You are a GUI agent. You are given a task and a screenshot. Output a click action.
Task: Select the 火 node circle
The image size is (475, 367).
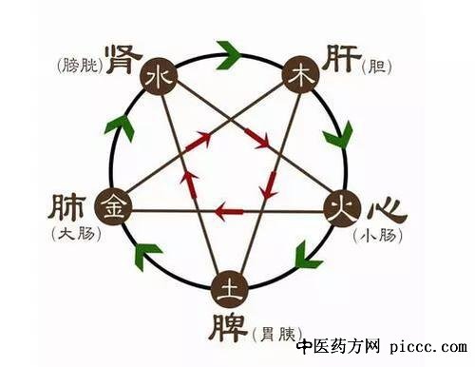[x=340, y=205]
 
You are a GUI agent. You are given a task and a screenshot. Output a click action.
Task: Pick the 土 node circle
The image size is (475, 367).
[x=228, y=287]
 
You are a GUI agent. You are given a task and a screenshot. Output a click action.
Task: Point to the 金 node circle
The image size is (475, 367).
[x=115, y=204]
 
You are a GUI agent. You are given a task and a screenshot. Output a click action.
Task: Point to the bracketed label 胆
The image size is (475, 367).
[x=383, y=68]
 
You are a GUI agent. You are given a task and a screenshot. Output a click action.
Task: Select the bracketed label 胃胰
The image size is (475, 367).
[x=277, y=334]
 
